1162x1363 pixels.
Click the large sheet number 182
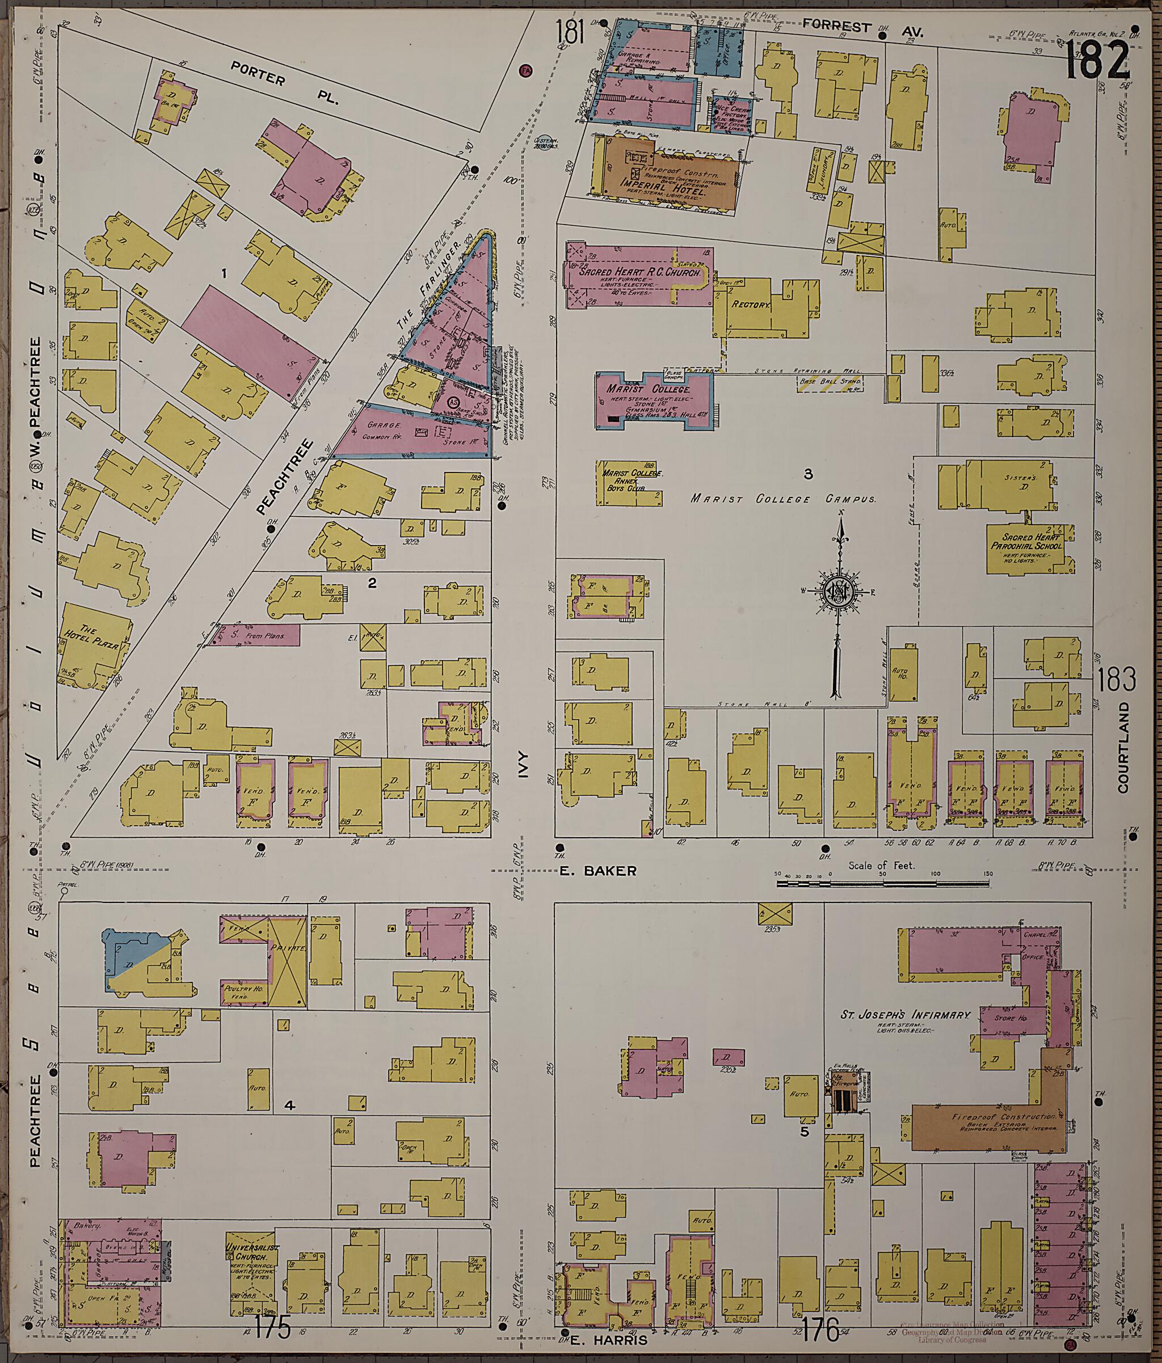pyautogui.click(x=1097, y=58)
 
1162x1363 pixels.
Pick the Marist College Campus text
pyautogui.click(x=782, y=499)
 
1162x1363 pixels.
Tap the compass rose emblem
pyautogui.click(x=840, y=590)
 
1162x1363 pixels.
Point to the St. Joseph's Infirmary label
pyautogui.click(x=905, y=1015)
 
